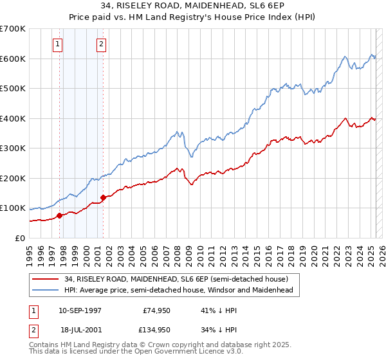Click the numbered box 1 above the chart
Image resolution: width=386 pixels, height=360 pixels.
[58, 44]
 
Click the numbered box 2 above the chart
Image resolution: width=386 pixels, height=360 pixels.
[102, 44]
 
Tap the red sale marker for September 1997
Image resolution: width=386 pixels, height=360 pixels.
[59, 216]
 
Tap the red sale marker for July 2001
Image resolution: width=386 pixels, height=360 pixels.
[103, 198]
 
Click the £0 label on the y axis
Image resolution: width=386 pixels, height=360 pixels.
[21, 239]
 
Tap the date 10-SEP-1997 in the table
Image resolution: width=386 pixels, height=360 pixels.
[80, 310]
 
